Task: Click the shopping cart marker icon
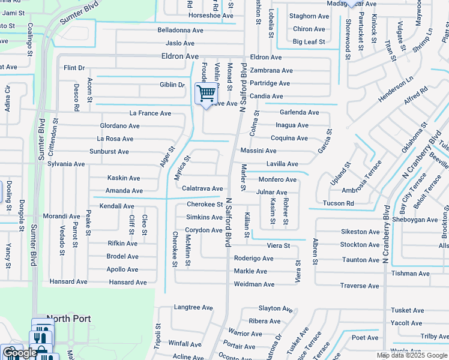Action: (x=206, y=94)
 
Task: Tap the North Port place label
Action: (x=68, y=319)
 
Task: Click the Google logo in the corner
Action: (x=20, y=353)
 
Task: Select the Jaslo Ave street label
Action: (x=181, y=43)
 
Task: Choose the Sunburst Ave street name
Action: (x=109, y=152)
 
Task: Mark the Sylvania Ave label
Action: (x=66, y=164)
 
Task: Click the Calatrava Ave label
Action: (x=202, y=188)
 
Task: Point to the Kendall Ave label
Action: (x=117, y=206)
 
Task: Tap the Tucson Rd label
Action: (x=338, y=203)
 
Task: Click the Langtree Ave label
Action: (x=193, y=307)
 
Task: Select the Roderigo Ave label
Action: (x=254, y=259)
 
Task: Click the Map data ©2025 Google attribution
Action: (x=412, y=355)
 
